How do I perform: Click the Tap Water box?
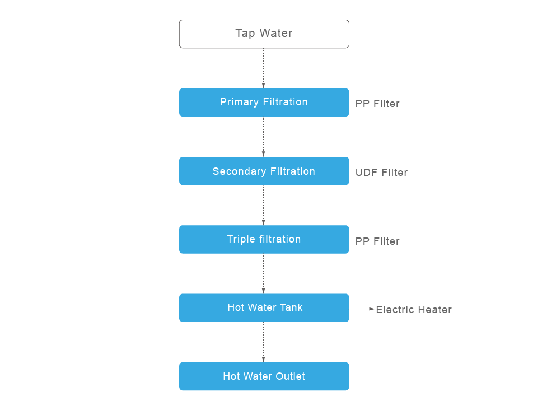click(264, 34)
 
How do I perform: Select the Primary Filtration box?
click(264, 102)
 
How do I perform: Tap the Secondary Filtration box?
click(264, 171)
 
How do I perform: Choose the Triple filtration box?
click(264, 239)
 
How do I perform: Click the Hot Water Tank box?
click(264, 307)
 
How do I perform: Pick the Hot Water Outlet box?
click(264, 376)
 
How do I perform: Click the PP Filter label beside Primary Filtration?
click(377, 104)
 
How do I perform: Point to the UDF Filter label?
click(381, 173)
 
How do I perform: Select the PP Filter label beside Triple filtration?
click(377, 241)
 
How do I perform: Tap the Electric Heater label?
click(413, 310)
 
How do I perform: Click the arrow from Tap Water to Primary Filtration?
click(264, 68)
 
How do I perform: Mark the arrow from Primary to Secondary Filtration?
click(264, 137)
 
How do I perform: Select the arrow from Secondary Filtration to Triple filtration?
click(264, 205)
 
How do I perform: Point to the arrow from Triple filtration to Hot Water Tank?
click(264, 273)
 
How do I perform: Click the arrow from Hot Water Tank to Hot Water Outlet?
click(264, 342)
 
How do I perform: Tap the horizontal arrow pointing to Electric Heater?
click(362, 309)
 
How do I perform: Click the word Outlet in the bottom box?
click(291, 376)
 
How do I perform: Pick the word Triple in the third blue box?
click(241, 239)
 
